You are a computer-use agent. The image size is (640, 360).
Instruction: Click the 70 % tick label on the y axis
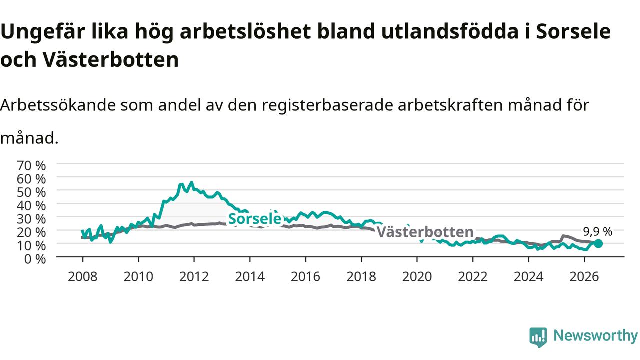tap(31, 165)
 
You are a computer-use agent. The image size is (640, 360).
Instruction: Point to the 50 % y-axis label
tap(31, 192)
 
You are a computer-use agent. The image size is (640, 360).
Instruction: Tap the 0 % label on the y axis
tap(35, 259)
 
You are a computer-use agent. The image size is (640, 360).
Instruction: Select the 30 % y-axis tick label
tap(31, 219)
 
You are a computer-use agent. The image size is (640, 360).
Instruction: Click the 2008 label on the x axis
tap(83, 276)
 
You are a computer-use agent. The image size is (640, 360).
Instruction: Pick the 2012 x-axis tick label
tap(194, 276)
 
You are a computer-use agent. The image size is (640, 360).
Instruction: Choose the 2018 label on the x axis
tap(361, 276)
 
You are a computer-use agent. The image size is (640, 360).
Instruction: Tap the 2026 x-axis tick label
tap(584, 276)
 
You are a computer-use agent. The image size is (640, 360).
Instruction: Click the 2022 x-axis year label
tap(473, 276)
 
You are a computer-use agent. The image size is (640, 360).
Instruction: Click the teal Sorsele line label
tap(255, 219)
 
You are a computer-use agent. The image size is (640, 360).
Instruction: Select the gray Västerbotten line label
tap(425, 231)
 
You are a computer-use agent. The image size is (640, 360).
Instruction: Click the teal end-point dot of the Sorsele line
tap(598, 243)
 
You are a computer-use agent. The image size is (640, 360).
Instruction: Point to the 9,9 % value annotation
tap(597, 231)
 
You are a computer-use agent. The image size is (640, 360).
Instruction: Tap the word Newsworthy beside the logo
tap(595, 335)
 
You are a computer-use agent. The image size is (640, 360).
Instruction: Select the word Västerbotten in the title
tap(111, 60)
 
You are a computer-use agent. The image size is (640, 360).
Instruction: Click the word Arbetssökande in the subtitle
tap(58, 105)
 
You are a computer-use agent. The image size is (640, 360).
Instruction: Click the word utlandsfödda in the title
tap(450, 31)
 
